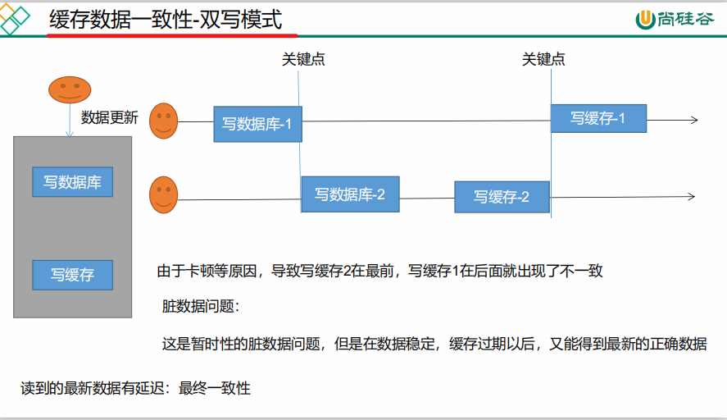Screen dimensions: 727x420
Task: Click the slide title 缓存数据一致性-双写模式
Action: pyautogui.click(x=166, y=20)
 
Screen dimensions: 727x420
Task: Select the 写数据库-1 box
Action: pyautogui.click(x=257, y=124)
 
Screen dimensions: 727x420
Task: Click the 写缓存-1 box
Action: pyautogui.click(x=598, y=118)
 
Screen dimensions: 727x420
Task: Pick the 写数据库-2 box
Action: pyautogui.click(x=350, y=194)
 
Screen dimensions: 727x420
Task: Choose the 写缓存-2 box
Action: pyautogui.click(x=502, y=197)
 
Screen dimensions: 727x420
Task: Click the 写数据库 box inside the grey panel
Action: pyautogui.click(x=72, y=182)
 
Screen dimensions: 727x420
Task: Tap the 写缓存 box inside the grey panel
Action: pyautogui.click(x=72, y=275)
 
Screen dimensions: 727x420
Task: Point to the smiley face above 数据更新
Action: pyautogui.click(x=70, y=89)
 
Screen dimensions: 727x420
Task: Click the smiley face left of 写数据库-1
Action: pyautogui.click(x=164, y=121)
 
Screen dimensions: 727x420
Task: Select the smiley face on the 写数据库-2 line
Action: pyautogui.click(x=164, y=194)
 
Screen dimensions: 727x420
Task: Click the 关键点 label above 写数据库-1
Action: pyautogui.click(x=303, y=59)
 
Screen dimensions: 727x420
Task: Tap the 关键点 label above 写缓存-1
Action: pyautogui.click(x=543, y=59)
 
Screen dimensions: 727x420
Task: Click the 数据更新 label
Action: pyautogui.click(x=110, y=117)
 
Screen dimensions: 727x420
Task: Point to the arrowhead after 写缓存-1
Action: pyautogui.click(x=693, y=120)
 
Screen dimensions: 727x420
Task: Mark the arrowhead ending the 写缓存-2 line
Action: pyautogui.click(x=691, y=196)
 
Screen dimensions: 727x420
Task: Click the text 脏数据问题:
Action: pyautogui.click(x=200, y=307)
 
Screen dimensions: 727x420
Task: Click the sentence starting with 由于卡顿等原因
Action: pyautogui.click(x=379, y=271)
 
